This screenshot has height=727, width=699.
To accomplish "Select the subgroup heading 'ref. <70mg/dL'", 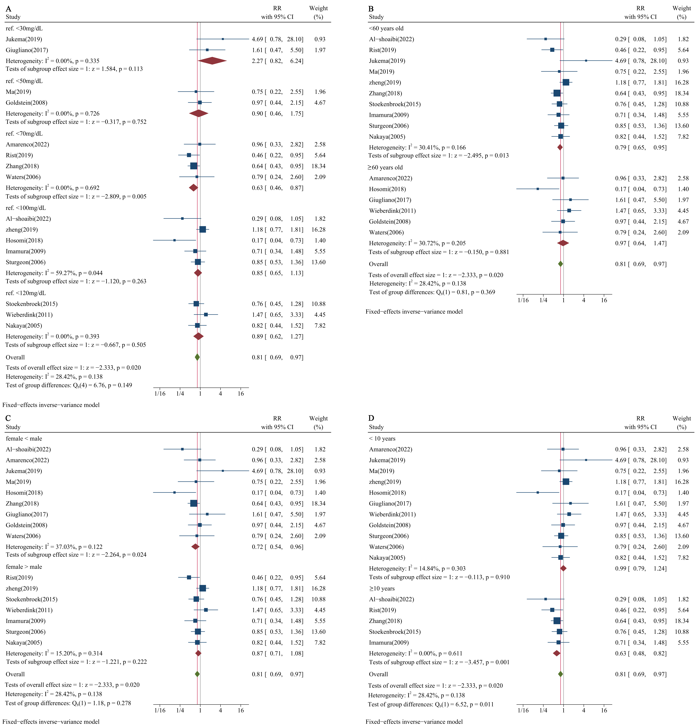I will pyautogui.click(x=24, y=134).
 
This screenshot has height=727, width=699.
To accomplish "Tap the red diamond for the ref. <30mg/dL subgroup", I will pyautogui.click(x=212, y=61).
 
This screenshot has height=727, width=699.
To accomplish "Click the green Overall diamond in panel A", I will pyautogui.click(x=197, y=357).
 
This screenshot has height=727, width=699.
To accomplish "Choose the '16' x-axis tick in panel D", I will pyautogui.click(x=604, y=710).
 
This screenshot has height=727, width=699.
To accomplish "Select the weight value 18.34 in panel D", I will pyautogui.click(x=682, y=621).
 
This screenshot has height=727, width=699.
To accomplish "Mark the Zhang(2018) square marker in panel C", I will pyautogui.click(x=194, y=503).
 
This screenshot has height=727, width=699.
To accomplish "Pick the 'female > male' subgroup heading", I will pyautogui.click(x=24, y=567).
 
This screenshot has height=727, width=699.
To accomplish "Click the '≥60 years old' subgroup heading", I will pyautogui.click(x=386, y=167).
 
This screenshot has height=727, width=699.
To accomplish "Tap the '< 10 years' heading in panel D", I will pyautogui.click(x=382, y=438).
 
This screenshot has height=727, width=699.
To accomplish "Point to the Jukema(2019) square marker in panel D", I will pyautogui.click(x=586, y=460).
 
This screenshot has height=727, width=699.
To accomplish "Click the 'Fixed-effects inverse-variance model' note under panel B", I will pyautogui.click(x=414, y=312).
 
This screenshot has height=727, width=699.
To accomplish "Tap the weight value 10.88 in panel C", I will pyautogui.click(x=319, y=599).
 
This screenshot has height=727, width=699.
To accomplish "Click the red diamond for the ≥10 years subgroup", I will pyautogui.click(x=557, y=653).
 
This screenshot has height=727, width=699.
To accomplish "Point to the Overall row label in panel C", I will pyautogui.click(x=15, y=674).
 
